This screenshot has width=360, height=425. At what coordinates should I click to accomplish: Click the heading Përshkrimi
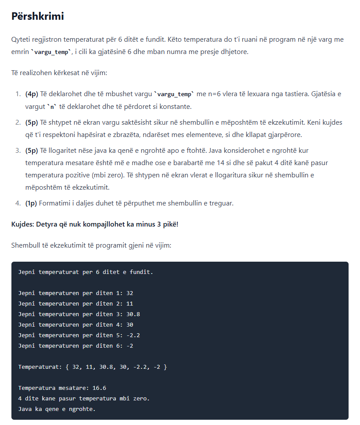38,17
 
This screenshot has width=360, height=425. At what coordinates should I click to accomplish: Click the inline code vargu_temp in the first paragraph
52,52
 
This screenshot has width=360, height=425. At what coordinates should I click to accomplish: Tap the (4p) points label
32,94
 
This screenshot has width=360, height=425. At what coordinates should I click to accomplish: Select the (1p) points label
32,203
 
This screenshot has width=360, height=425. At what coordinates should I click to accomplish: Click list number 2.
18,122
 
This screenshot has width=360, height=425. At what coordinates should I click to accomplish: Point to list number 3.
18,151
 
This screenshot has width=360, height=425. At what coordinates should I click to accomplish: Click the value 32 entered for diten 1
130,293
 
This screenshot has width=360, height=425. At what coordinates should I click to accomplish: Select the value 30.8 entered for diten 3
133,314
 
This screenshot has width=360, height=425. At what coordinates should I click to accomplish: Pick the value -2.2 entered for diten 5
133,335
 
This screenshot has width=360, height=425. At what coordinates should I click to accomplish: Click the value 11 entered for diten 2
130,303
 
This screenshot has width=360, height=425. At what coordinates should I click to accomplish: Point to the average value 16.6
99,388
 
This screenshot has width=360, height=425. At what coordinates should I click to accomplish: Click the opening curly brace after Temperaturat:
67,367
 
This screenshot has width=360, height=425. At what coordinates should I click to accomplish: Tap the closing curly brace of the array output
165,367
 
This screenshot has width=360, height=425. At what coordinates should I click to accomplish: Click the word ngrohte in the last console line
81,409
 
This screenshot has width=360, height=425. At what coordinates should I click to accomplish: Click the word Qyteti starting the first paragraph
22,40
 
